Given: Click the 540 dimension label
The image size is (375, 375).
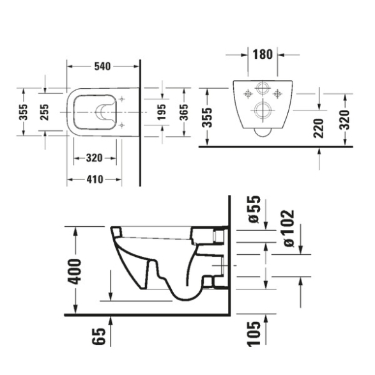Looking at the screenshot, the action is [x=102, y=66].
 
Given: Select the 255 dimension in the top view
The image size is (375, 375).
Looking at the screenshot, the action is [x=44, y=112].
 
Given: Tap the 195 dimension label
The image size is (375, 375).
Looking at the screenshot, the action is [x=162, y=112].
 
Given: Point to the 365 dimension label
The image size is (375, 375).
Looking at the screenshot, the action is [x=184, y=112].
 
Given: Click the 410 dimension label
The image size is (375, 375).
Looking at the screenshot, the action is [x=95, y=180].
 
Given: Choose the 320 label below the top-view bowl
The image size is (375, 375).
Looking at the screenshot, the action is [x=94, y=158].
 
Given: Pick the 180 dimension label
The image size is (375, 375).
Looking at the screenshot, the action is [x=263, y=54].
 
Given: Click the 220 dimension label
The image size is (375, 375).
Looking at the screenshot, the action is [x=318, y=128].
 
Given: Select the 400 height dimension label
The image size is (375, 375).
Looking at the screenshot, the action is [x=74, y=272].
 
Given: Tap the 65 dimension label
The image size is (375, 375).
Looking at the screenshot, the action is [x=98, y=336].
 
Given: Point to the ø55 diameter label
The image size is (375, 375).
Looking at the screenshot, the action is [x=254, y=210].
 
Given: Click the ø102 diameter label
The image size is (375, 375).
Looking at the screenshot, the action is [x=288, y=229].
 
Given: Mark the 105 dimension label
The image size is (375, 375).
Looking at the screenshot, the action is [x=254, y=333].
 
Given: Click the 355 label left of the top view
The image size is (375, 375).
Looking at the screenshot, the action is [x=24, y=112].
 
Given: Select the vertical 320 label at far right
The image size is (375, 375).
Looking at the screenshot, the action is [x=344, y=119].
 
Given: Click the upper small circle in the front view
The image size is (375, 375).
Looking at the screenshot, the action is [x=263, y=88].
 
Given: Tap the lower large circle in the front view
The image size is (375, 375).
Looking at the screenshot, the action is [x=263, y=111].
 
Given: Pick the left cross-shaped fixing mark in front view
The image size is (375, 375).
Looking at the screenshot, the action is [x=248, y=94].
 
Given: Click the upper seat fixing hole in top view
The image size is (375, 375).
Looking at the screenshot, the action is [x=122, y=99].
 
